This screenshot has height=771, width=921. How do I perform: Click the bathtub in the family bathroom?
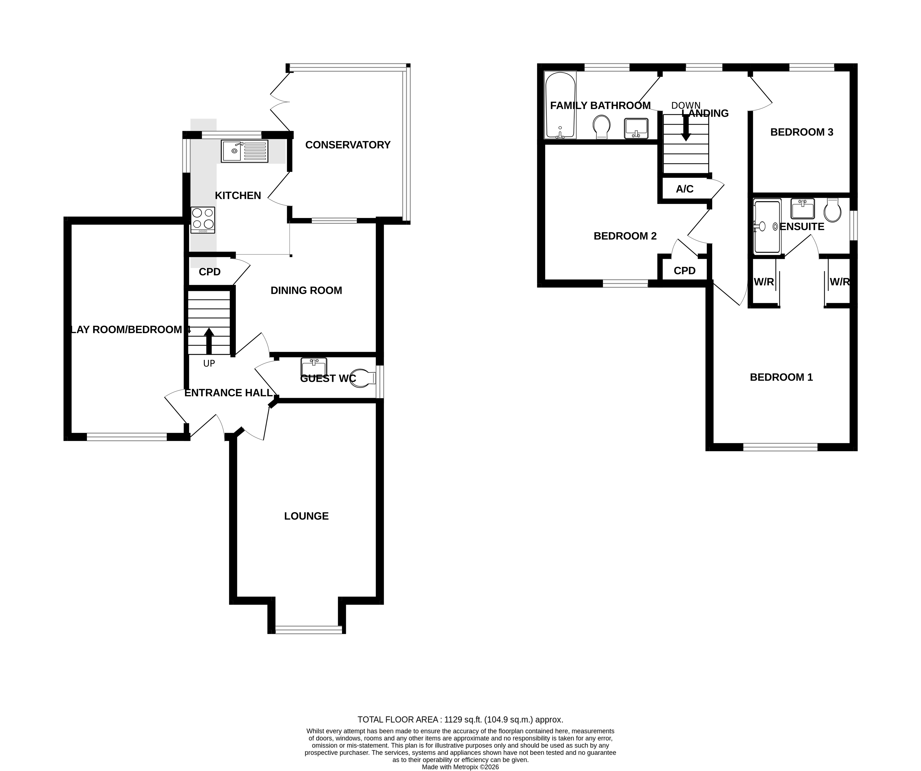pyautogui.click(x=560, y=105)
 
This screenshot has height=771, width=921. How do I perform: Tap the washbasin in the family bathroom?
pyautogui.click(x=636, y=128)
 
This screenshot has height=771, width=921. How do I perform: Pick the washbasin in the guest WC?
pyautogui.click(x=314, y=367)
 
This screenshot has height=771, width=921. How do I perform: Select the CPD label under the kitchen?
pyautogui.click(x=210, y=272)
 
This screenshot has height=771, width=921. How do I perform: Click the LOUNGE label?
pyautogui.click(x=306, y=516)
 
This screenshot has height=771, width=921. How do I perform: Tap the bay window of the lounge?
pyautogui.click(x=308, y=630)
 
